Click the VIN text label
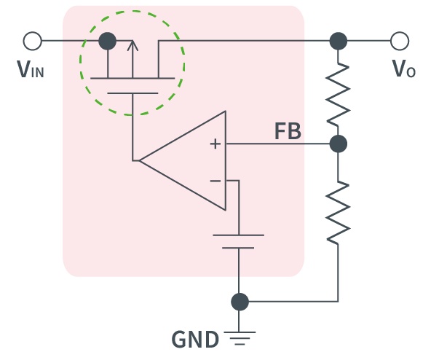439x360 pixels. [x=31, y=69]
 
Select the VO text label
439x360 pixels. [x=404, y=69]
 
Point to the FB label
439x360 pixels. [x=288, y=131]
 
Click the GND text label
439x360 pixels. [x=195, y=340]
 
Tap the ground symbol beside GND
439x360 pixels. [x=240, y=338]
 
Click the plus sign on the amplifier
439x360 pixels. [x=215, y=144]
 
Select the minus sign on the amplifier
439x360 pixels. [x=215, y=181]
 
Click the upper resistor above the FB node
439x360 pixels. [x=339, y=94]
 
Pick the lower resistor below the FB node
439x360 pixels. [x=339, y=212]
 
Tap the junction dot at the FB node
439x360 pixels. [x=339, y=144]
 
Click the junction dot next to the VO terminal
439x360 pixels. [x=339, y=41]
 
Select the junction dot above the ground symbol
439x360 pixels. [x=240, y=302]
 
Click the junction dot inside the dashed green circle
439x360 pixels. [x=108, y=41]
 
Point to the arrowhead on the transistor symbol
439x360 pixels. [x=133, y=45]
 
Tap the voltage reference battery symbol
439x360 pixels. [x=239, y=241]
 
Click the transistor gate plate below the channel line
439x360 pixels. [x=133, y=93]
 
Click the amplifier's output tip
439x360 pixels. [x=140, y=160]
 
